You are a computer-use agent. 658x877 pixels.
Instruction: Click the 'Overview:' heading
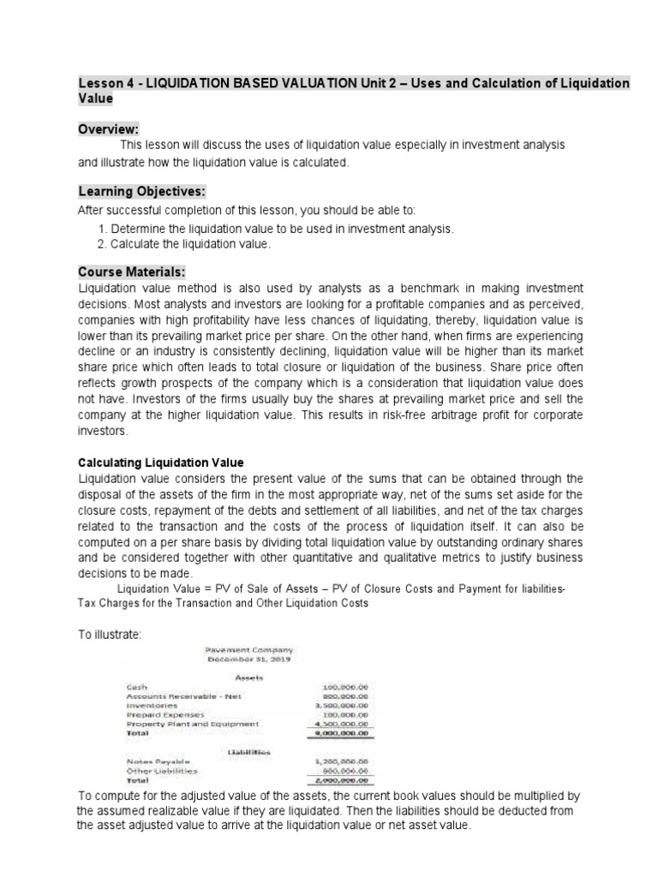110,127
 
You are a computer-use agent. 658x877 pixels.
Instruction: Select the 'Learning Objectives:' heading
136,190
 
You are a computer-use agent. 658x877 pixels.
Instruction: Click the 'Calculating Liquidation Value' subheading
159,462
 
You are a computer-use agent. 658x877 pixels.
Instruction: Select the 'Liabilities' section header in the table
248,751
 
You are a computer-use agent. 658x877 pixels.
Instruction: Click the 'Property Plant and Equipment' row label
192,724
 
